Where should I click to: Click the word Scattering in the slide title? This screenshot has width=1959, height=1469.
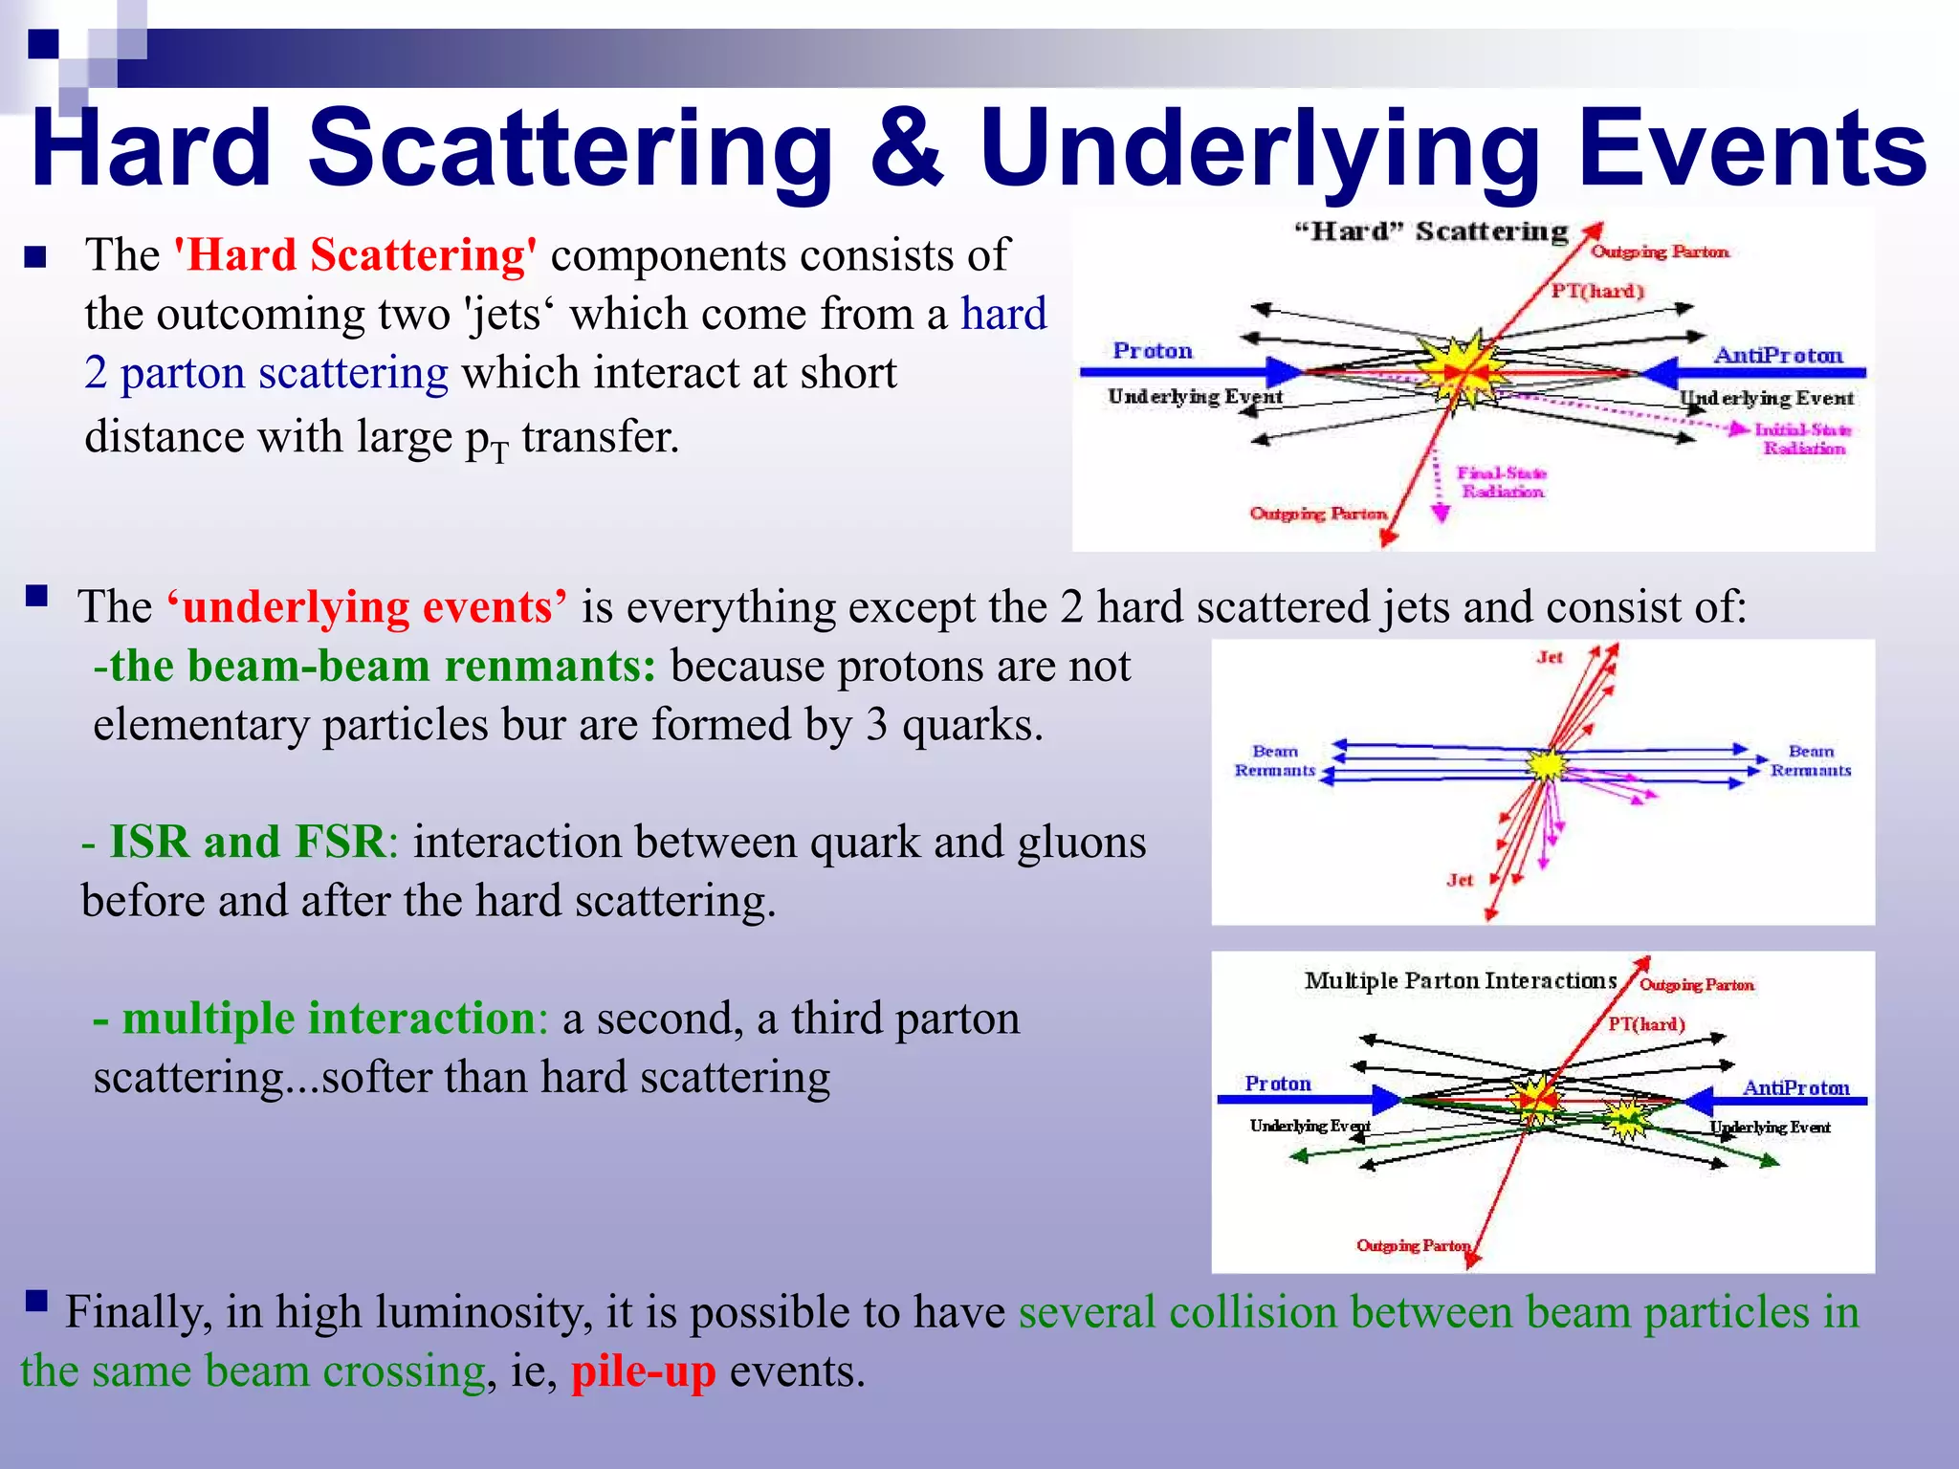coord(570,148)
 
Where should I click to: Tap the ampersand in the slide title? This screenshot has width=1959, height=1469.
coord(906,148)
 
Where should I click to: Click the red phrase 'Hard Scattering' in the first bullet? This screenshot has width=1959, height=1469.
coord(355,255)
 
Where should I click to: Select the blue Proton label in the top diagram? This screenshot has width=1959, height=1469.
coord(1153,351)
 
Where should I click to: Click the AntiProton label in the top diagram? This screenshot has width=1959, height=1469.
coord(1778,356)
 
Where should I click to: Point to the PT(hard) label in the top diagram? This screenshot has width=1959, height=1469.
coord(1596,291)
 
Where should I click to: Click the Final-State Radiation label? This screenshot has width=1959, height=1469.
coord(1501,482)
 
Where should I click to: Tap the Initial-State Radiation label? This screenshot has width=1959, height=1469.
coord(1803,439)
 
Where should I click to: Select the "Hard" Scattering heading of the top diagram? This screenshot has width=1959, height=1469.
coord(1431,231)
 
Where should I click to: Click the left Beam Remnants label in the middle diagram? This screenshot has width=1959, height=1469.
coord(1275,760)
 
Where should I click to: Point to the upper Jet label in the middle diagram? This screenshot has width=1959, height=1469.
coord(1550,657)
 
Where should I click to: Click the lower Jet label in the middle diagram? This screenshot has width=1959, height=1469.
coord(1460,880)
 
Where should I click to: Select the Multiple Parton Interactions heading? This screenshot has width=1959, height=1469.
coord(1461,981)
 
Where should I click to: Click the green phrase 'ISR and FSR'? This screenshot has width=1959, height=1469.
coord(247,843)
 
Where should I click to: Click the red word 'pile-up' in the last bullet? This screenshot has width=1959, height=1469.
coord(643,1371)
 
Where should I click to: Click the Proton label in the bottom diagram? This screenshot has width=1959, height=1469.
coord(1277,1084)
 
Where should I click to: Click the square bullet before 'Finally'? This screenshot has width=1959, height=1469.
coord(36,1301)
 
